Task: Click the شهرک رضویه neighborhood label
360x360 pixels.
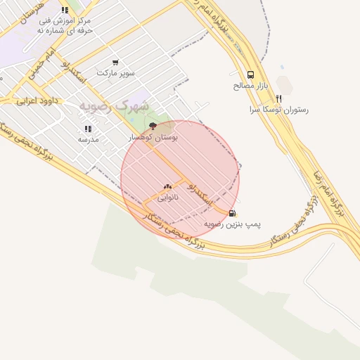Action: pyautogui.click(x=114, y=105)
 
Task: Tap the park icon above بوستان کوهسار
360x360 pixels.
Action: pyautogui.click(x=153, y=125)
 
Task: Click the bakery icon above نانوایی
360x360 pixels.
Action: pyautogui.click(x=167, y=186)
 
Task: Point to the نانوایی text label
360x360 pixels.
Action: pyautogui.click(x=167, y=198)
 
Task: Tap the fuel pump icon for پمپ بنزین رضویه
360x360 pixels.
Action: pyautogui.click(x=233, y=213)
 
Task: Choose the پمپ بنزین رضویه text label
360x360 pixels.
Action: pyautogui.click(x=233, y=224)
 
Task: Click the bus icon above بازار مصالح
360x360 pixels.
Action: pyautogui.click(x=251, y=75)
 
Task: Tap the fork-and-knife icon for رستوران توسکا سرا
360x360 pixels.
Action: pyautogui.click(x=279, y=98)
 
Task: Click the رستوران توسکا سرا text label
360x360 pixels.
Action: pyautogui.click(x=279, y=110)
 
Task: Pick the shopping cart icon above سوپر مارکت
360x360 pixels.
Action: pyautogui.click(x=115, y=62)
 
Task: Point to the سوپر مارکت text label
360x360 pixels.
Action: pyautogui.click(x=115, y=73)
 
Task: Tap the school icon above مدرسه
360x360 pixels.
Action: pyautogui.click(x=88, y=129)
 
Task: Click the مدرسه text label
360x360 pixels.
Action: pyautogui.click(x=88, y=139)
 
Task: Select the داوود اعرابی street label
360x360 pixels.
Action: pyautogui.click(x=36, y=101)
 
